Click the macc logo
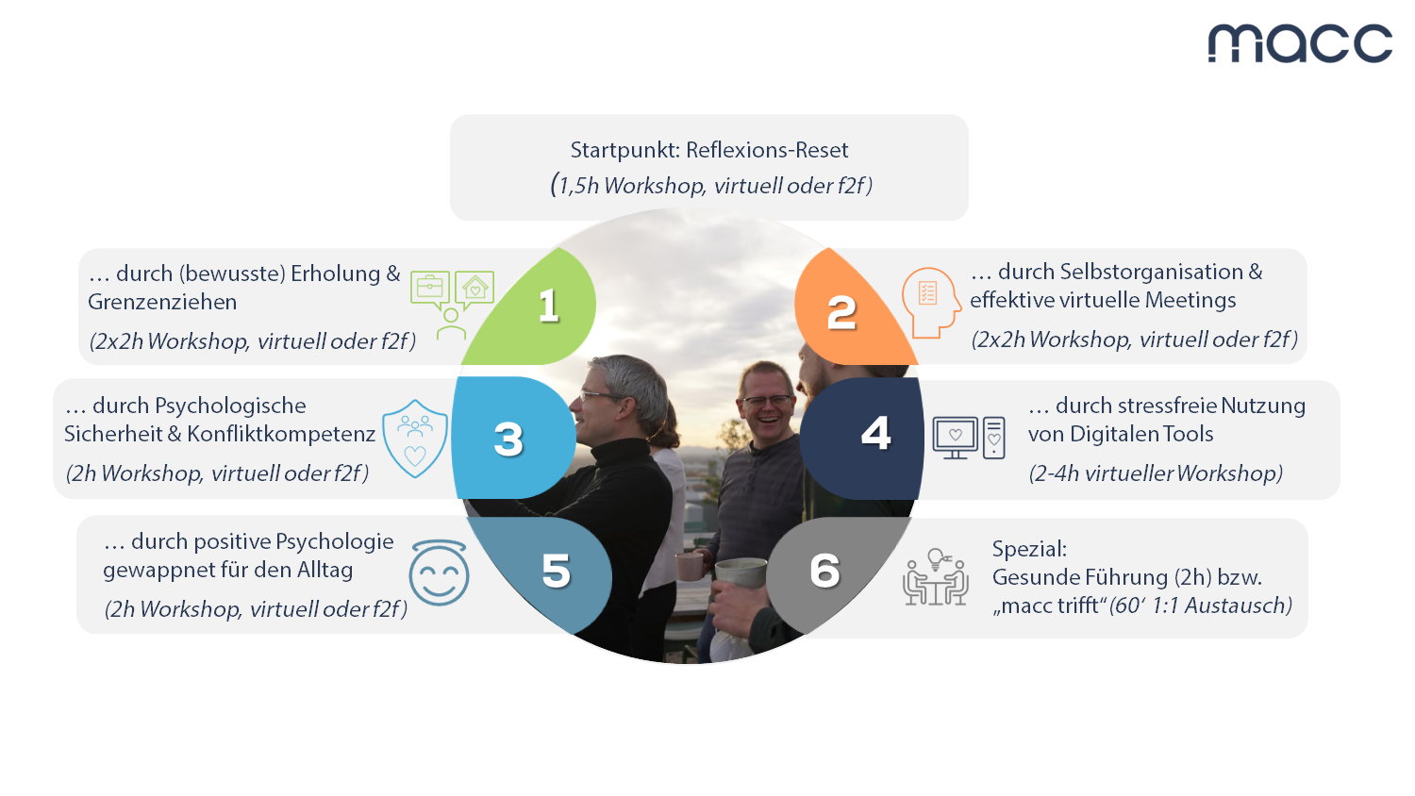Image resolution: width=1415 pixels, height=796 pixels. pyautogui.click(x=1300, y=43)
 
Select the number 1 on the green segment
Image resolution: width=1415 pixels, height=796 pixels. pyautogui.click(x=549, y=306)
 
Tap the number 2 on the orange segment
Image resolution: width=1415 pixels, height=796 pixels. pyautogui.click(x=841, y=313)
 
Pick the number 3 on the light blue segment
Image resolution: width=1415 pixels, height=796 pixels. pyautogui.click(x=508, y=439)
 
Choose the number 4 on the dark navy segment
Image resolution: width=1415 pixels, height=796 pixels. pyautogui.click(x=876, y=434)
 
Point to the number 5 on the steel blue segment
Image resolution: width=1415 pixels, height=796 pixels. pyautogui.click(x=556, y=572)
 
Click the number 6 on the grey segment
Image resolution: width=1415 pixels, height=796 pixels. pyautogui.click(x=825, y=571)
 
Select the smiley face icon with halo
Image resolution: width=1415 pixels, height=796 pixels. pyautogui.click(x=439, y=572)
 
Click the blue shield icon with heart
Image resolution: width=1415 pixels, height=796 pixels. pyautogui.click(x=415, y=439)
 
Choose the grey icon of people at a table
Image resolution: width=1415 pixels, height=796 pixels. pyautogui.click(x=936, y=577)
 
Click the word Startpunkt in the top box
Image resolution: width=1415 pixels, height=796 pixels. pyautogui.click(x=624, y=150)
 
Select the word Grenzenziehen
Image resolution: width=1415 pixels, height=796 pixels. pyautogui.click(x=162, y=302)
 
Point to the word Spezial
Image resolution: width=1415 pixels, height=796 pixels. pyautogui.click(x=1029, y=548)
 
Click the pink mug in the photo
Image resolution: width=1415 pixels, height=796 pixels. pyautogui.click(x=690, y=566)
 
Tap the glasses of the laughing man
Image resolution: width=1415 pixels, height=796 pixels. pyautogui.click(x=767, y=401)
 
